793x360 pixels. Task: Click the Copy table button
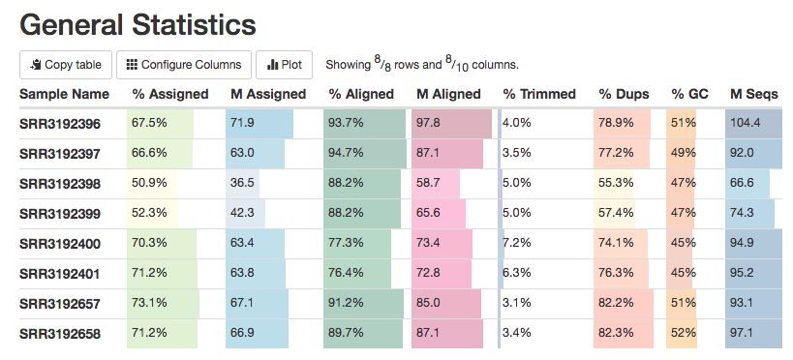[66, 65]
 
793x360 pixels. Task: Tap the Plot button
[284, 65]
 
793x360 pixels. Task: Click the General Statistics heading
[137, 24]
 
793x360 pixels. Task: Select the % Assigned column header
[170, 94]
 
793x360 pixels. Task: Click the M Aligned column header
[448, 94]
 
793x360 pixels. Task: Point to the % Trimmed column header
[539, 94]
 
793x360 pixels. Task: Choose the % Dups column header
[625, 94]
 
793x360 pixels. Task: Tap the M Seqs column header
[754, 94]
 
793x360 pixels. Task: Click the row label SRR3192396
[60, 124]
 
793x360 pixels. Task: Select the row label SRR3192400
[60, 244]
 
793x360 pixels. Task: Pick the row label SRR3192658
[60, 334]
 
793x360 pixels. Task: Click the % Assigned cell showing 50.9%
[149, 183]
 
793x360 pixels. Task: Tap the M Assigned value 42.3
[242, 213]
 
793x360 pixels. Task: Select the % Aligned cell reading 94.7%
[346, 153]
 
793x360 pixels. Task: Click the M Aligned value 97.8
[428, 123]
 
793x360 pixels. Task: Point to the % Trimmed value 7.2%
[517, 243]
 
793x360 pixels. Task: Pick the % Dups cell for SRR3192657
[616, 303]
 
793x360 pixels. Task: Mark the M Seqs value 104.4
[745, 123]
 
